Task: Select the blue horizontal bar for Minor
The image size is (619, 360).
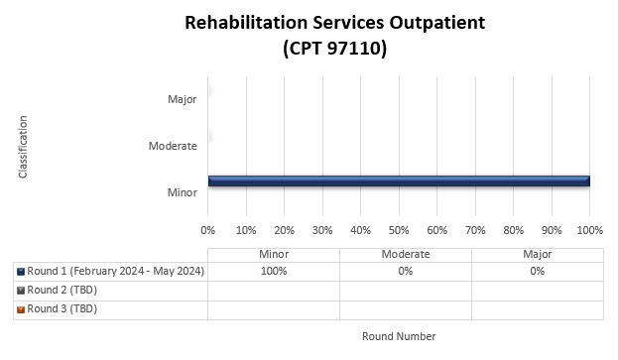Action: pos(399,180)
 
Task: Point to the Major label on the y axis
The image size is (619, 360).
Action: pos(182,99)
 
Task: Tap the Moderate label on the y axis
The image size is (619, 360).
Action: pos(173,146)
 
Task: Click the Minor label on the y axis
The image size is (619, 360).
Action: pos(182,191)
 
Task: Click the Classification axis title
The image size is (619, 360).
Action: pos(23,147)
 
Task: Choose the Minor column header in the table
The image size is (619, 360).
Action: pos(273,254)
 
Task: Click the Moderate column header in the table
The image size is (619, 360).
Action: pos(405,254)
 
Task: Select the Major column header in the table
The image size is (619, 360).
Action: pos(537,254)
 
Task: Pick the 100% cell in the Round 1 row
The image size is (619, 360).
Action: pos(273,271)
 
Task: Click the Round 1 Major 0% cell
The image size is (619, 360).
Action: pos(537,271)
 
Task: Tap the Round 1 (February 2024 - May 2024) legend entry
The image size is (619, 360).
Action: pos(115,271)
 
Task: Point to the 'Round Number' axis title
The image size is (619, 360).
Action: pos(399,336)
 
